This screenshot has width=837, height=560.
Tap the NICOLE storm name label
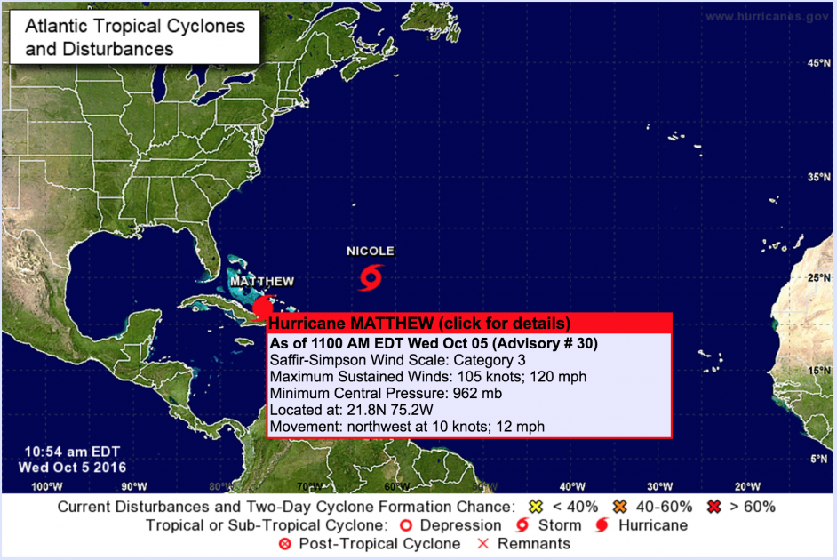[x=371, y=252]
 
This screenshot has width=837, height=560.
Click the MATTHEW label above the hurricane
[x=262, y=282]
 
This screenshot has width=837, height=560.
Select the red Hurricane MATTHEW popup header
[x=418, y=323]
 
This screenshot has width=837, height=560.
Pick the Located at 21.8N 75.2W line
[x=354, y=411]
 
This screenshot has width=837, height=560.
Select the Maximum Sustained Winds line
[x=427, y=377]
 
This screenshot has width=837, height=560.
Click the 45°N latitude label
[x=818, y=63]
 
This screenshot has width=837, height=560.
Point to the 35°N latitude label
[x=818, y=178]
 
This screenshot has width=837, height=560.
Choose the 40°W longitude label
[x=572, y=485]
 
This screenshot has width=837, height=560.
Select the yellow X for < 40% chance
[x=536, y=507]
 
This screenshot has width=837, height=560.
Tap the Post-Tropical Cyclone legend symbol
[x=285, y=543]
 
